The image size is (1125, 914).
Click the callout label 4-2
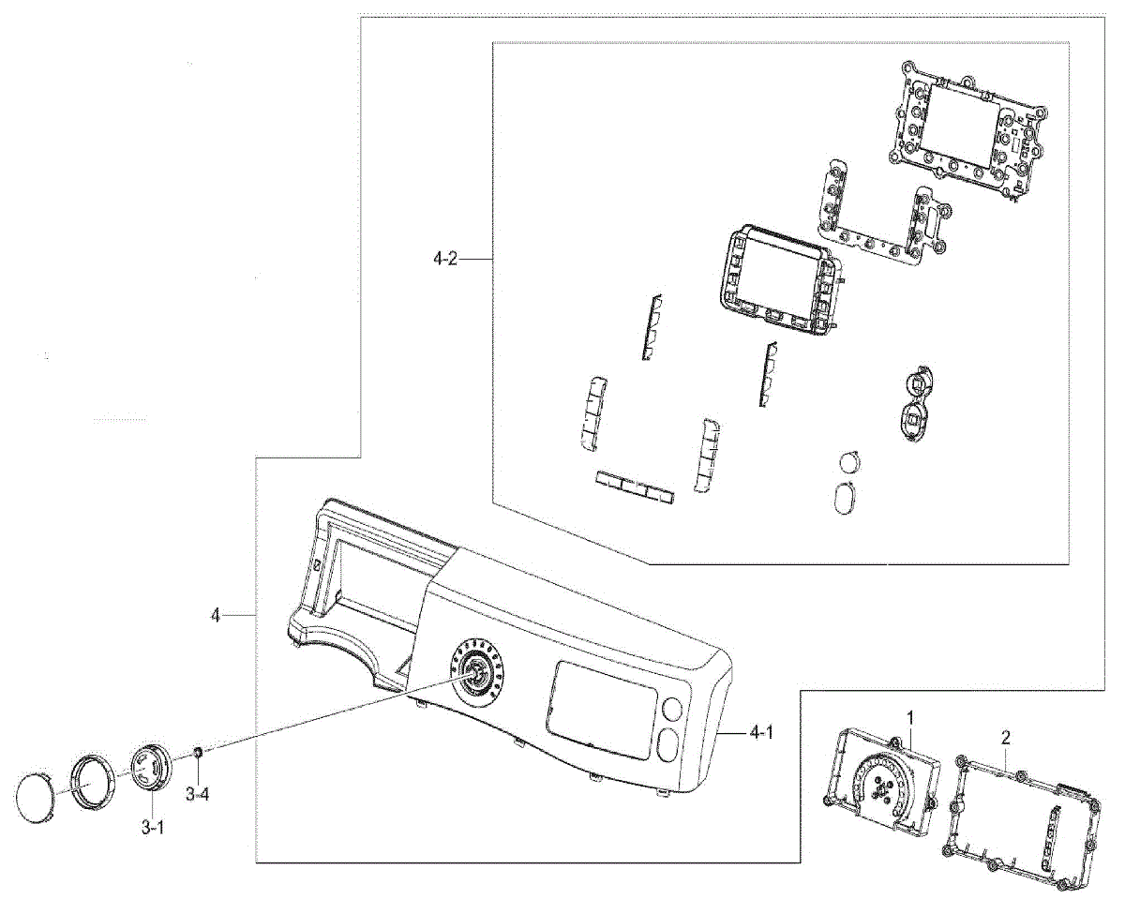tap(445, 259)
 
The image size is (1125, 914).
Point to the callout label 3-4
tap(197, 795)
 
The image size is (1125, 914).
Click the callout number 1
tap(908, 717)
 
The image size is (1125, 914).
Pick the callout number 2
tap(1005, 738)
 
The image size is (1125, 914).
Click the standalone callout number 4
tap(216, 615)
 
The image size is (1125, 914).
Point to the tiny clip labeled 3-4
tap(198, 752)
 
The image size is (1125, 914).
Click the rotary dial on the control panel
tap(476, 671)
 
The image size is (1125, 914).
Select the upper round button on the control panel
tap(671, 709)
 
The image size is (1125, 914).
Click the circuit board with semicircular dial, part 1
tap(880, 777)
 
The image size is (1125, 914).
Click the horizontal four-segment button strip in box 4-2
tap(634, 487)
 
